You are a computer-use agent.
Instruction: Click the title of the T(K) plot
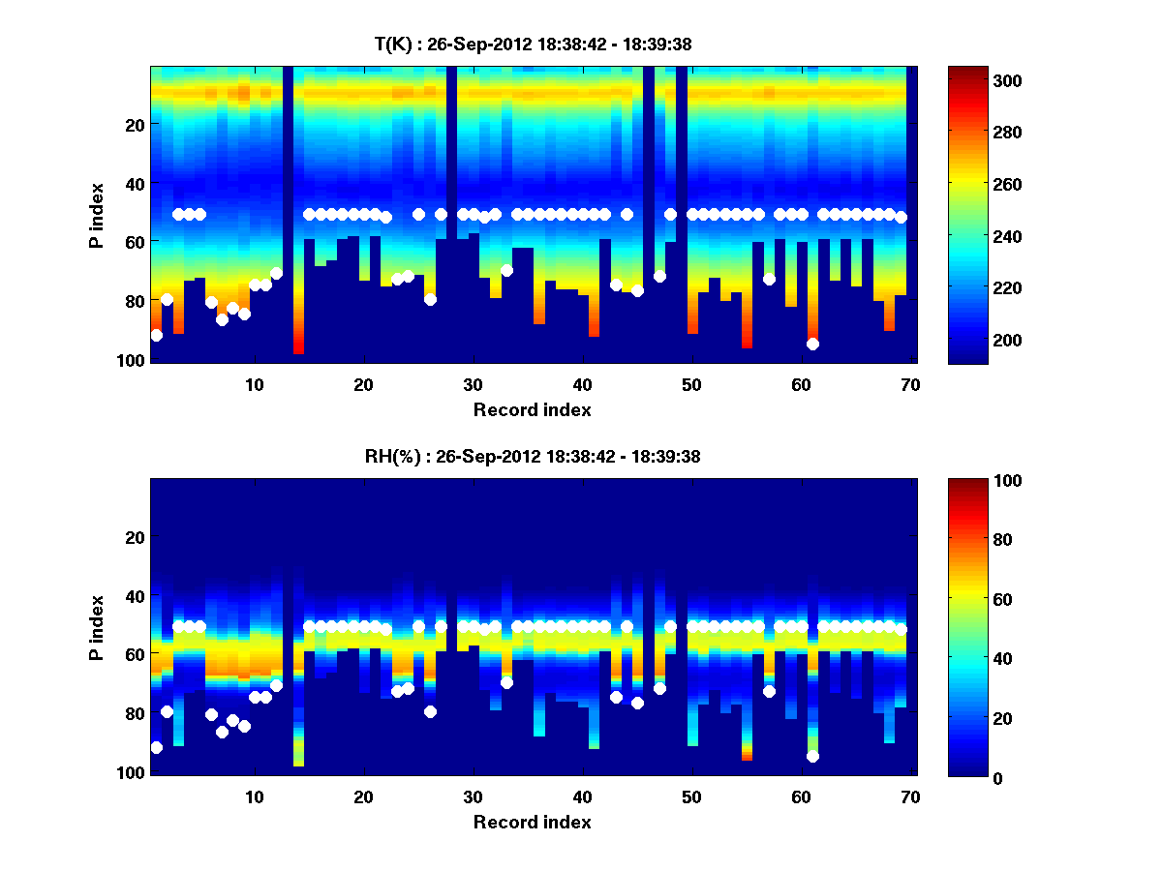[x=533, y=45]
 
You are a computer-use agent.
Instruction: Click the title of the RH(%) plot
[x=533, y=457]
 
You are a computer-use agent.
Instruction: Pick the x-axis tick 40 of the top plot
[x=582, y=384]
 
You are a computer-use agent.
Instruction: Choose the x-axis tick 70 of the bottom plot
[x=909, y=796]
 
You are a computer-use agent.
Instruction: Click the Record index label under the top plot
[x=533, y=409]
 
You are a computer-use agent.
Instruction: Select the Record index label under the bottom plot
[x=533, y=822]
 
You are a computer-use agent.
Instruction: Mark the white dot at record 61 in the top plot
[x=812, y=344]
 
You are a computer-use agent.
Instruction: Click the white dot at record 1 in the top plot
[x=157, y=335]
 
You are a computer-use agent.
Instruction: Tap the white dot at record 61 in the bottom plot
[x=812, y=757]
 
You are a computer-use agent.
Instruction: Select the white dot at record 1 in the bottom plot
[x=157, y=747]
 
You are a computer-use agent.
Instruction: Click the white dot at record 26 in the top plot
[x=430, y=299]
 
